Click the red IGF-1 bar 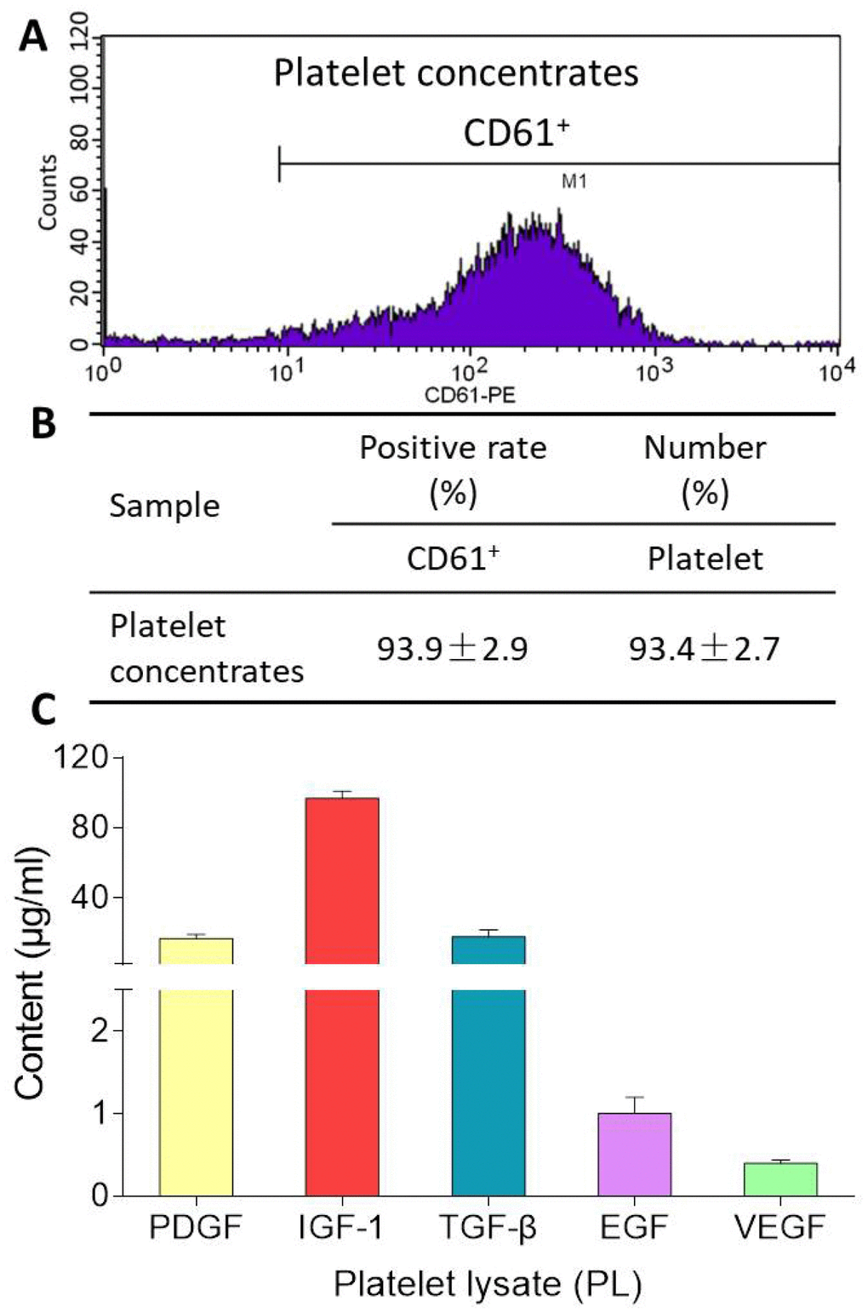click(x=341, y=996)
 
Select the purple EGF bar click(x=634, y=1154)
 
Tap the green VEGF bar click(x=779, y=1179)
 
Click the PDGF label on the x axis click(x=195, y=1228)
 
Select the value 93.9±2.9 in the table click(x=453, y=650)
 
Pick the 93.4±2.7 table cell click(x=704, y=650)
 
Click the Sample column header click(x=164, y=506)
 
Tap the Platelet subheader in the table click(x=705, y=559)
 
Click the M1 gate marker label click(x=574, y=181)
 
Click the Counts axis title click(x=47, y=192)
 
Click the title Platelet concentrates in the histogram click(x=455, y=73)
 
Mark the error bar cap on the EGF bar click(x=634, y=1097)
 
